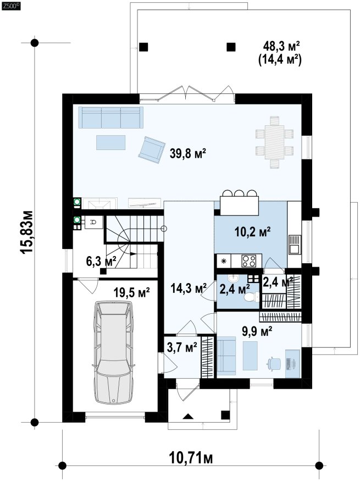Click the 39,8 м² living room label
point(188,154)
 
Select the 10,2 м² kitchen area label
point(253,232)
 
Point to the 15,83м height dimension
point(27,232)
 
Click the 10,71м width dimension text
point(191,458)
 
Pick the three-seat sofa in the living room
point(111,117)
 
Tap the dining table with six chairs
point(274,142)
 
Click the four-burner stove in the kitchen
point(249,261)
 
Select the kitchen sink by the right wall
point(295,245)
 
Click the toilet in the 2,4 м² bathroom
point(252,297)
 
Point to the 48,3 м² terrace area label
point(281,46)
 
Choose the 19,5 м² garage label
point(132,292)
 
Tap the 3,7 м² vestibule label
point(182,347)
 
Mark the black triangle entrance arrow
point(188,415)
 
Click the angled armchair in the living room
point(152,149)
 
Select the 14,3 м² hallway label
point(189,289)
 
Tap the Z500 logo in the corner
point(11,5)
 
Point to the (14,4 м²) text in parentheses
point(280,59)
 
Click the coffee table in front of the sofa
point(111,142)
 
